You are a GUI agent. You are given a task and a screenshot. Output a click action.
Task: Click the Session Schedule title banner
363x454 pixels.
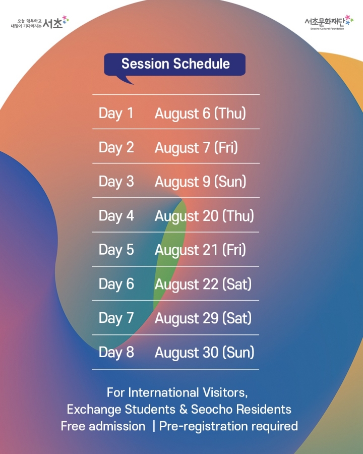click(x=174, y=65)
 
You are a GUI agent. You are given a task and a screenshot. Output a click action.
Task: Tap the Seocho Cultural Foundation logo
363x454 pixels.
click(x=329, y=23)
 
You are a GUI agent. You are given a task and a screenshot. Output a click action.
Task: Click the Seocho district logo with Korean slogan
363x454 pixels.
click(x=40, y=23)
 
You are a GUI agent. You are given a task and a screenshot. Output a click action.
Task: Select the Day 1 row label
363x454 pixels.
click(x=116, y=113)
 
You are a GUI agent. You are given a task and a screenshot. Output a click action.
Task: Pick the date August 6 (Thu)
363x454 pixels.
click(x=200, y=113)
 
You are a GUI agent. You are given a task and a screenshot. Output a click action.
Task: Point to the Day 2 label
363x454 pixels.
click(x=116, y=147)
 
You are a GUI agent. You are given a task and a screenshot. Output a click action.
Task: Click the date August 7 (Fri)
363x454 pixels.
click(x=196, y=147)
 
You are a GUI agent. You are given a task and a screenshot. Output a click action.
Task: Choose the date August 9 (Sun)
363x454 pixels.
click(x=200, y=182)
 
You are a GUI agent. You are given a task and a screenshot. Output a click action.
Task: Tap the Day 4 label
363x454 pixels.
click(x=116, y=216)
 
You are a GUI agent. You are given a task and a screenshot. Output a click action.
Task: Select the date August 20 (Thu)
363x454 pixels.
click(x=204, y=216)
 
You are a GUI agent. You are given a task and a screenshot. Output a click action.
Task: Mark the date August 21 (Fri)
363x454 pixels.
click(x=200, y=250)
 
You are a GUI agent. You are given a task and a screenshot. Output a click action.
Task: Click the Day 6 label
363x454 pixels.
click(x=116, y=284)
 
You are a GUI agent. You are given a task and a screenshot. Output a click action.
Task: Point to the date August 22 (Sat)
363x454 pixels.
click(x=203, y=284)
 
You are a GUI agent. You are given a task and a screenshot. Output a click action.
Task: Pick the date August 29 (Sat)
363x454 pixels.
click(x=203, y=318)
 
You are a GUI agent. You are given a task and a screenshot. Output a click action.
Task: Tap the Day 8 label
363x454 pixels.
click(x=116, y=353)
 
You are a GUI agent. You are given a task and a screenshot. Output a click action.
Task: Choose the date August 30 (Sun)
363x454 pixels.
click(x=204, y=353)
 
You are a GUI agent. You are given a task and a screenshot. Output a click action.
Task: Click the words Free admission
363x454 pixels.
click(x=103, y=426)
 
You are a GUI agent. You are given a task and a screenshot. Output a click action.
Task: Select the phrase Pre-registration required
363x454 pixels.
click(x=228, y=426)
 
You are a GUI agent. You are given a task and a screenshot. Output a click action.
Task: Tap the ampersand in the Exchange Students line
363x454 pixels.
click(x=183, y=410)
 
